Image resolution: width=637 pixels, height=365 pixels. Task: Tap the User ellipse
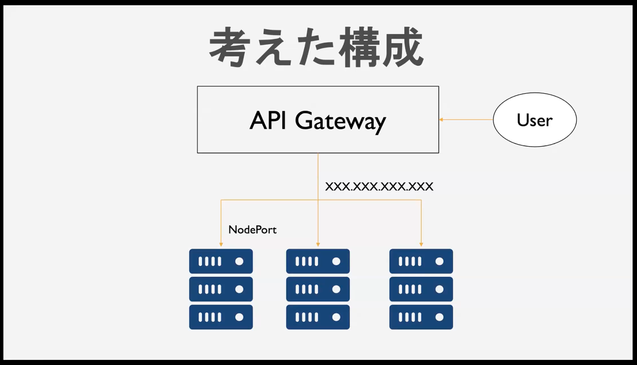tap(535, 120)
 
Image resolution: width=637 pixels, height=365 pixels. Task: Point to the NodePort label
tap(252, 230)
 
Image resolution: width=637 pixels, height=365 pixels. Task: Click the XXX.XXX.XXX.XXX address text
tap(379, 186)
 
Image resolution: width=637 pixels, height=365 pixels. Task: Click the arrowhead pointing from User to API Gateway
tap(442, 120)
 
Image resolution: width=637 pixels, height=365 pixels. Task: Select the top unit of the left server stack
tap(221, 261)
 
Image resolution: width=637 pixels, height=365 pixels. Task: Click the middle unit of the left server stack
tap(221, 289)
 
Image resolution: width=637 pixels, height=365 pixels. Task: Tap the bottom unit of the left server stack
tap(221, 317)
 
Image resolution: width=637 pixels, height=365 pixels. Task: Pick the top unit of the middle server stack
tap(318, 261)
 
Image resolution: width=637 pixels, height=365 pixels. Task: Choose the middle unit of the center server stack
tap(318, 289)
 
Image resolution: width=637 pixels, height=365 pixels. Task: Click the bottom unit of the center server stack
tap(318, 317)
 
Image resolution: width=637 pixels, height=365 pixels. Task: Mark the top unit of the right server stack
tap(421, 261)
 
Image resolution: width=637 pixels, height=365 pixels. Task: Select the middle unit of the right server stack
tap(421, 289)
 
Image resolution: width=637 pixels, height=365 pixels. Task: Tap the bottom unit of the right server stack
tap(421, 317)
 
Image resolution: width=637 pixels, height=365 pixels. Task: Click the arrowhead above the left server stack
tap(221, 244)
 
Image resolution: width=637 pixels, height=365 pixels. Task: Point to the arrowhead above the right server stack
tap(421, 244)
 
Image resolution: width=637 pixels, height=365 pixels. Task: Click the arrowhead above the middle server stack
tap(318, 244)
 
